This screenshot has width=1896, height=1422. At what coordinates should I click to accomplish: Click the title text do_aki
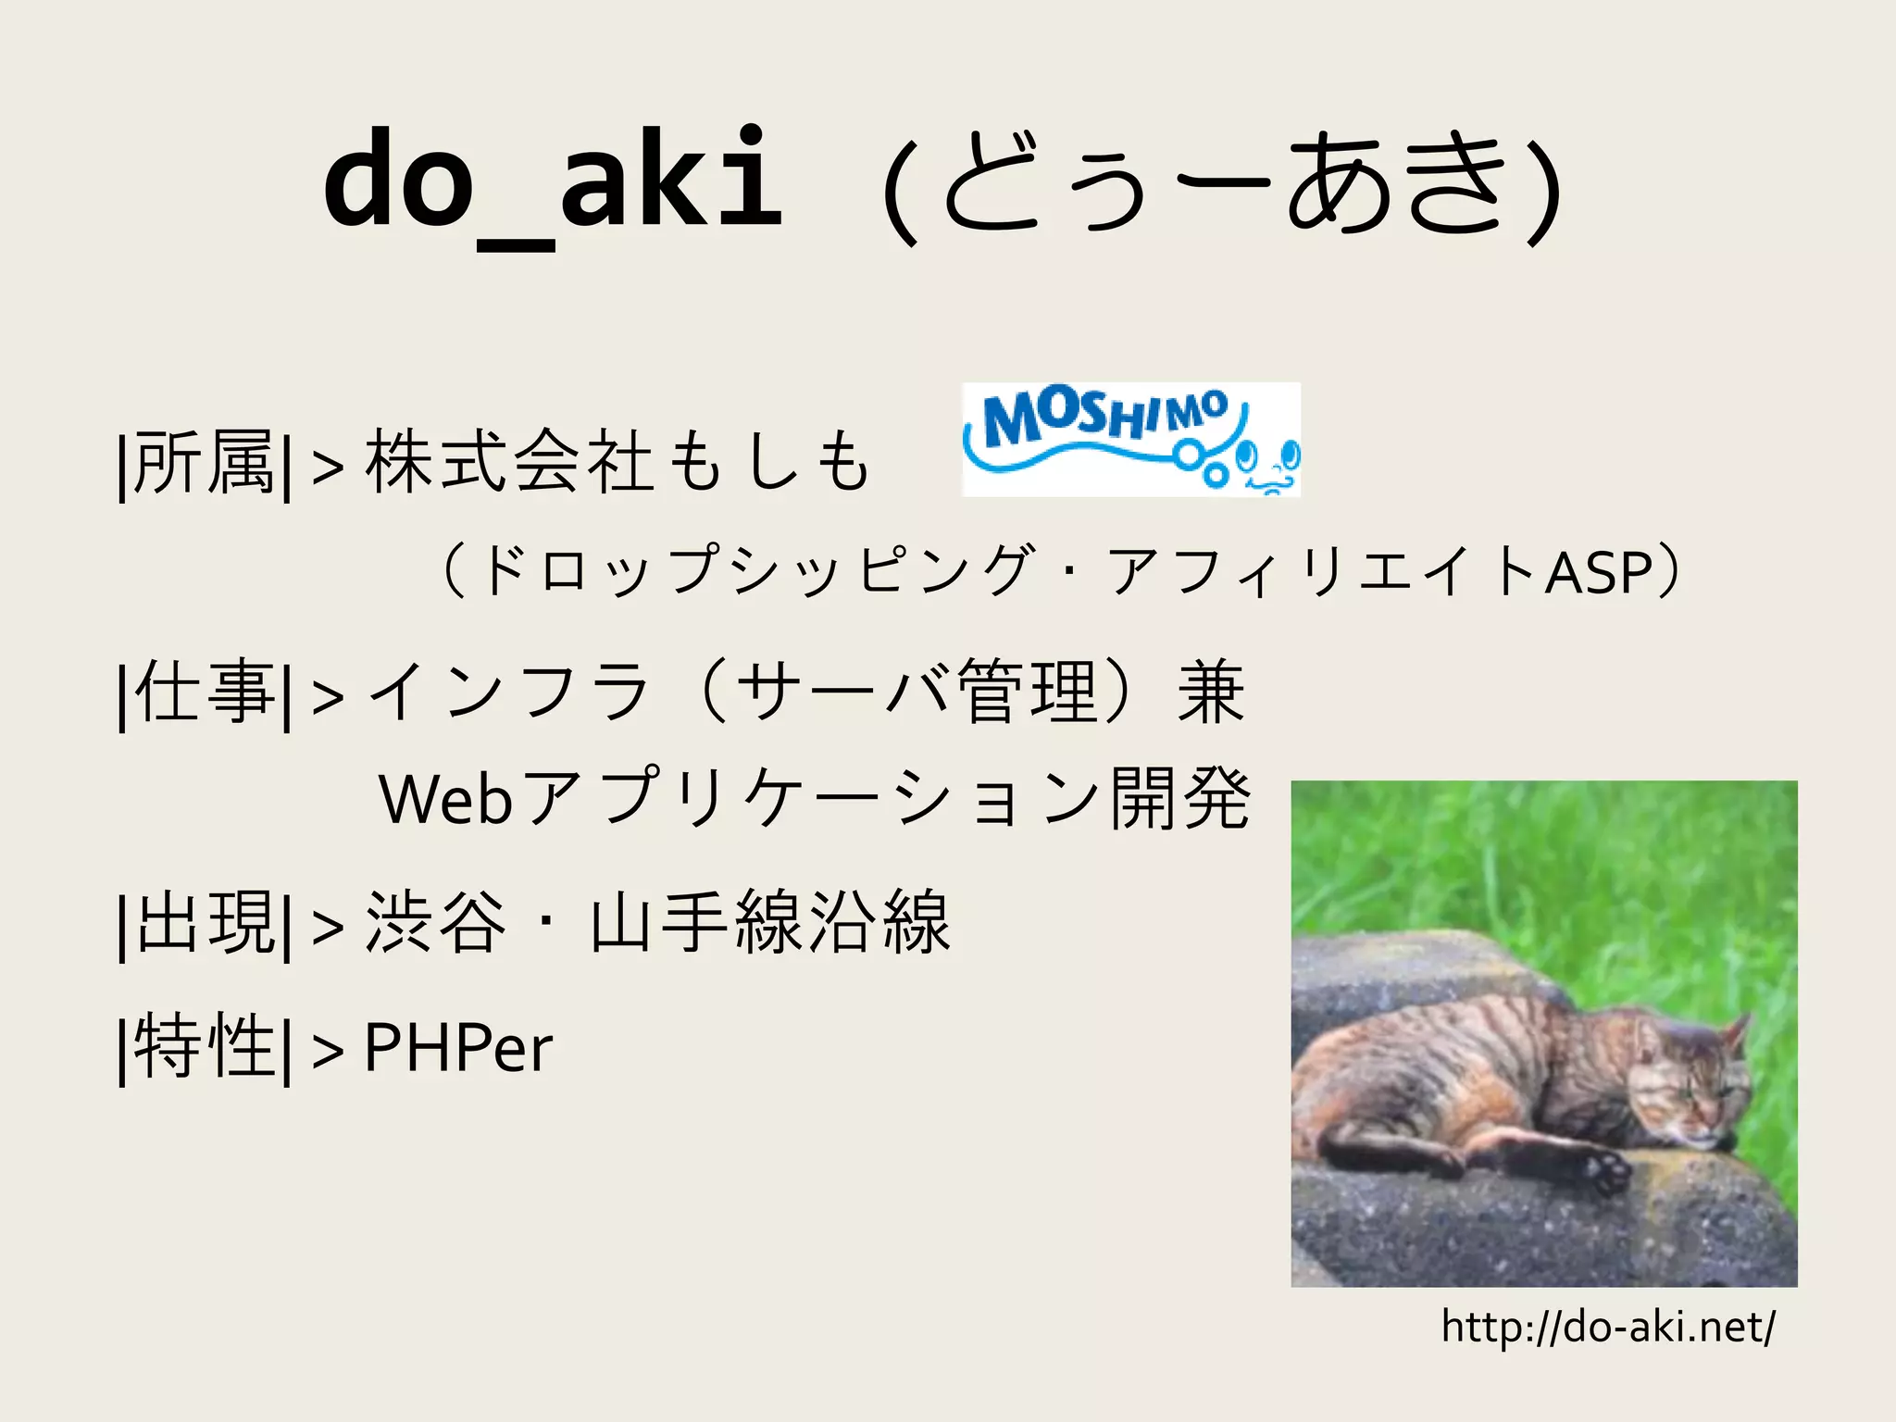pos(553,181)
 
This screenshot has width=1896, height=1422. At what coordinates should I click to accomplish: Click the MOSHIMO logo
pos(1130,440)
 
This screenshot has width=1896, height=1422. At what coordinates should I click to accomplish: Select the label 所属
pos(204,463)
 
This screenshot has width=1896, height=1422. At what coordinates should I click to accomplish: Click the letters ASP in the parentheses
pos(1599,572)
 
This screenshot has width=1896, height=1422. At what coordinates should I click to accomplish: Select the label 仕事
pos(204,692)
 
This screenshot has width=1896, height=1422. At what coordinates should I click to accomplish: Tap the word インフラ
pos(509,692)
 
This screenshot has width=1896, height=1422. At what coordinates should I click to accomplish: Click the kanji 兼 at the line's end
pos(1211,692)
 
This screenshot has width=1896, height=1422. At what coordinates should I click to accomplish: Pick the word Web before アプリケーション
pos(445,799)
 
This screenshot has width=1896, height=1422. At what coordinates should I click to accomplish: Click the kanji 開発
pos(1180,799)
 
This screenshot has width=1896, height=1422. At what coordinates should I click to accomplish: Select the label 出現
pos(204,923)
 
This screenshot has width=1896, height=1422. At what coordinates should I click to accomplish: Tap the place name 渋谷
pos(436,923)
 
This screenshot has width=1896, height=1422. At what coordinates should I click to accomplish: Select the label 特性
pos(204,1047)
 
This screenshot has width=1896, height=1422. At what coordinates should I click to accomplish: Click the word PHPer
pos(458,1047)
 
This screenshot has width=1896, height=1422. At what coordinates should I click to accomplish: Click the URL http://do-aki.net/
pos(1608,1327)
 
